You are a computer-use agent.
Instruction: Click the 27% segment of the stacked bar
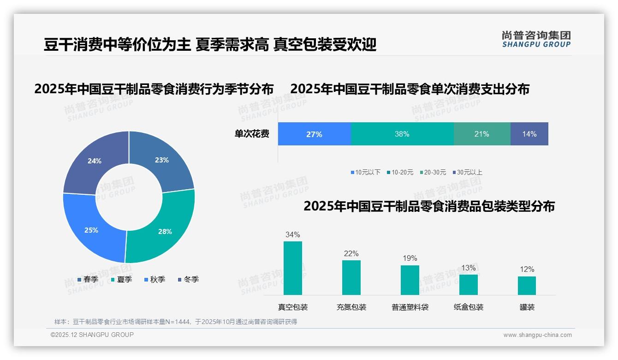(314, 134)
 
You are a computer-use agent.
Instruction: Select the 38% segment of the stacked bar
(402, 134)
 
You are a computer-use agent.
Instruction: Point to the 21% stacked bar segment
(482, 134)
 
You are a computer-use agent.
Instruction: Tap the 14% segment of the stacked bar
(529, 134)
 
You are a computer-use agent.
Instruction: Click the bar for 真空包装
(293, 268)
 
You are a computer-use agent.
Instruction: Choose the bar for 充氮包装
(351, 277)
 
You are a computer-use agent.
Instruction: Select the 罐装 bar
(527, 285)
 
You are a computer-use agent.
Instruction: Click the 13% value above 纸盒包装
(468, 268)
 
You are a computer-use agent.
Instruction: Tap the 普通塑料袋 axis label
(410, 307)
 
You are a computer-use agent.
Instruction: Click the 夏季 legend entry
(122, 279)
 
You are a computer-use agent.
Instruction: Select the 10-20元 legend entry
(400, 172)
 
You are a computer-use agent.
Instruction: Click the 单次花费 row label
(252, 134)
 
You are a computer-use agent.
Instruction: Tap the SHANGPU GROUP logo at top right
(536, 39)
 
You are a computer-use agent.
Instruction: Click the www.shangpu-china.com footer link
(537, 335)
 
